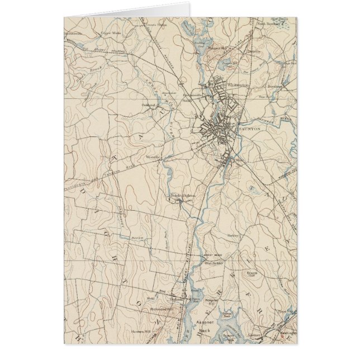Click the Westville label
click(x=153, y=157)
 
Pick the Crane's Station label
click(x=155, y=25)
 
